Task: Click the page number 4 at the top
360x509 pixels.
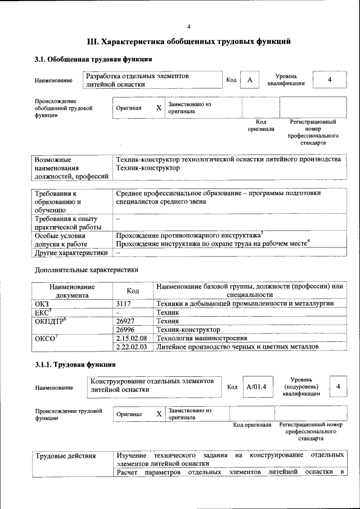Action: [189, 26]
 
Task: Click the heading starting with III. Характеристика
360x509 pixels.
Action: [188, 42]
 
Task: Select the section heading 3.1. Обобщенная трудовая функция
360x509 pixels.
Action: [93, 59]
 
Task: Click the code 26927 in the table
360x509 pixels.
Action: [126, 320]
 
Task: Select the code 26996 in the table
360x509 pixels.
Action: [126, 329]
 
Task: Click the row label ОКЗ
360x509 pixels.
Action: [42, 303]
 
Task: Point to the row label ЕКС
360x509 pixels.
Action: [43, 312]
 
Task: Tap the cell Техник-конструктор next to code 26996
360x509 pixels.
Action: [188, 329]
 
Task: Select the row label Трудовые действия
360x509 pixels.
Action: [66, 456]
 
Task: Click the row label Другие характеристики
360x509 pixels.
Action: [71, 253]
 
